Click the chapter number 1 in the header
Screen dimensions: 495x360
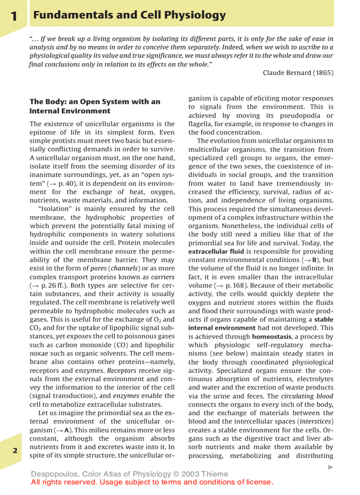(x=14, y=16)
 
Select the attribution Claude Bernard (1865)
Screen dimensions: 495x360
(x=298, y=73)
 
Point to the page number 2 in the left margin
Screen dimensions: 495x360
(x=15, y=450)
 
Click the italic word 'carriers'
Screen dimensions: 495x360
(x=163, y=277)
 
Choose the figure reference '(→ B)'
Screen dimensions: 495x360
(x=310, y=260)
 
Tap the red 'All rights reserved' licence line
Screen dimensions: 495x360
(x=152, y=482)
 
